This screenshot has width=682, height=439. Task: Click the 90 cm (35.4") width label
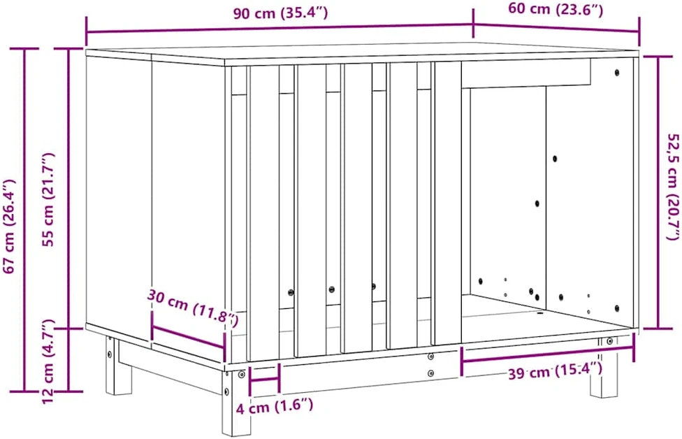pos(280,13)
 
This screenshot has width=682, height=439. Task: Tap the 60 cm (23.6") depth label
pos(556,9)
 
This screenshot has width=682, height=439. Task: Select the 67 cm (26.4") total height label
pos(9,226)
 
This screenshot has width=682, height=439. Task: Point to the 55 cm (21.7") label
pos(49,200)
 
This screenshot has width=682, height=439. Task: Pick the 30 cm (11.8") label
pos(193,307)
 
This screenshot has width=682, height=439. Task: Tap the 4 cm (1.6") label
pos(275,407)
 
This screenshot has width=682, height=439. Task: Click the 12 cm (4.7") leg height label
pos(49,361)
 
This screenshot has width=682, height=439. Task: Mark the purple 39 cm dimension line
pos(548,354)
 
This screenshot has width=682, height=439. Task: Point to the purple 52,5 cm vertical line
pos(658,193)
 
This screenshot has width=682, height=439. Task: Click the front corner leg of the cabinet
pos(231,402)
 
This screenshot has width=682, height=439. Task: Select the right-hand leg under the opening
pos(604,369)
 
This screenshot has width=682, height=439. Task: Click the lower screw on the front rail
pos(430,373)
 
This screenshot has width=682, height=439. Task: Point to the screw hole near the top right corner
pos(617,72)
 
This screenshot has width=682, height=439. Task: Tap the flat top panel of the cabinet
pos(362,54)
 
